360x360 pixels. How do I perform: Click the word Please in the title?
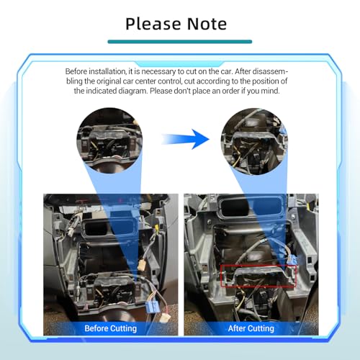153,24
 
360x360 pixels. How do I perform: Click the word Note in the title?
207,24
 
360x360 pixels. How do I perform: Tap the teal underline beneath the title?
180,42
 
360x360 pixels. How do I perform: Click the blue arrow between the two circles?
185,139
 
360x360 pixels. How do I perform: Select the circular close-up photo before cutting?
109,140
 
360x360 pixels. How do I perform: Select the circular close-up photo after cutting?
254,141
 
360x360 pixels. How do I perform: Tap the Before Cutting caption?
111,328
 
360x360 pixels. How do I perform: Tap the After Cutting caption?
251,328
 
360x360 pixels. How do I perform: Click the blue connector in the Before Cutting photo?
152,307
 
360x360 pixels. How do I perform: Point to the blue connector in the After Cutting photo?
292,260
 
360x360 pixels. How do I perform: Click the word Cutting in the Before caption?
122,328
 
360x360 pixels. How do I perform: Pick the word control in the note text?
170,81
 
